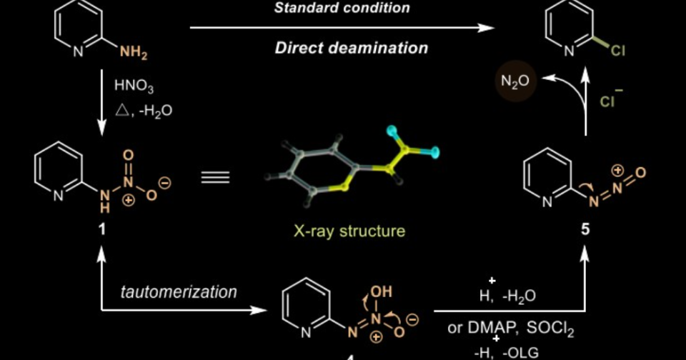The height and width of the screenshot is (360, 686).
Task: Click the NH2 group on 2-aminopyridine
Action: (x=134, y=52)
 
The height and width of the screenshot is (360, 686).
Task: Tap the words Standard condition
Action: (x=342, y=8)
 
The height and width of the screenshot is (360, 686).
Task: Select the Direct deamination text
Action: (x=352, y=49)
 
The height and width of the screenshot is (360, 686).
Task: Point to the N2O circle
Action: (x=514, y=81)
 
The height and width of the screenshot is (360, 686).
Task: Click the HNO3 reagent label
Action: (x=134, y=86)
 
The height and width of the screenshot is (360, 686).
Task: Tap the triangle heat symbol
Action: (x=120, y=111)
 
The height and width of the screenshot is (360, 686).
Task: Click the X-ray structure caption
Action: (x=349, y=231)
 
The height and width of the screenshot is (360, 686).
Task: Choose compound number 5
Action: (x=586, y=231)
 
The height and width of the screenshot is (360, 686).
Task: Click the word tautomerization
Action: (x=179, y=292)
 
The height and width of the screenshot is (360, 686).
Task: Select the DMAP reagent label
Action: (x=487, y=329)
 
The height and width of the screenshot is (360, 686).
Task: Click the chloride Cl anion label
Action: (x=608, y=101)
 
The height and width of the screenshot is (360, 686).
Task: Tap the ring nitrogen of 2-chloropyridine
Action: (x=570, y=51)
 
